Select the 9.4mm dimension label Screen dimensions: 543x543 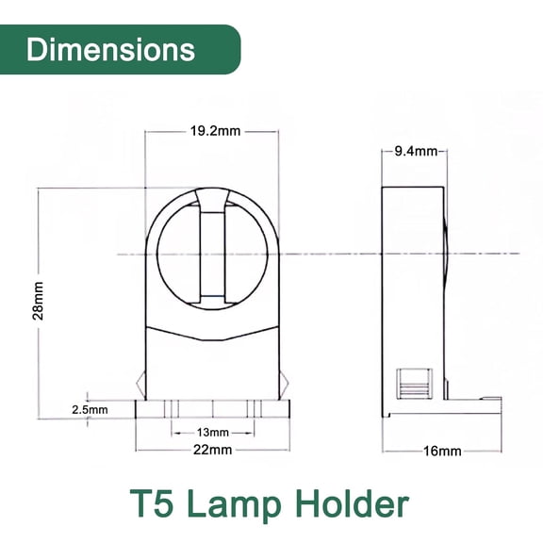(x=415, y=151)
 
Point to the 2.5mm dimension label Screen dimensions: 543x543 (x=90, y=410)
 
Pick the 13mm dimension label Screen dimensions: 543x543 (x=212, y=432)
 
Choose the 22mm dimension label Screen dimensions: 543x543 (x=212, y=450)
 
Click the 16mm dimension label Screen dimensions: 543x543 (x=441, y=452)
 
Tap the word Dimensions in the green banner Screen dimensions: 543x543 (x=110, y=49)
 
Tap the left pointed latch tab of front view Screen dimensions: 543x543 (x=140, y=385)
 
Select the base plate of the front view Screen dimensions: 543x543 (x=212, y=410)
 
